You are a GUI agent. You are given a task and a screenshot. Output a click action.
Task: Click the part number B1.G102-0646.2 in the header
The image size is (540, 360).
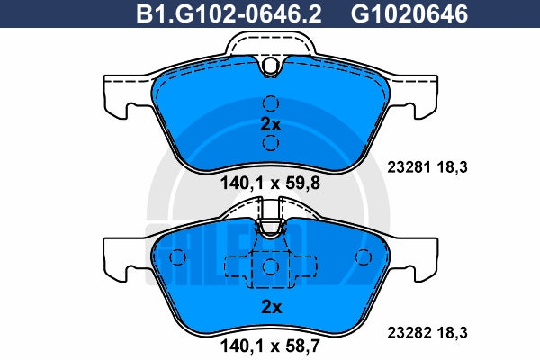(229, 14)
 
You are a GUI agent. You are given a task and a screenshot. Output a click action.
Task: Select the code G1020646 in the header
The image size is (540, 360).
(409, 14)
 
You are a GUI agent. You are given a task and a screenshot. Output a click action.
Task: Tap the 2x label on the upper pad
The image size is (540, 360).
(271, 124)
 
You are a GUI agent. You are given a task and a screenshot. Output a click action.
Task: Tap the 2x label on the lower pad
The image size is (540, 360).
(272, 307)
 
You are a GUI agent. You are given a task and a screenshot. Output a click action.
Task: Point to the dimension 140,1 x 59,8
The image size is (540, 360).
(270, 183)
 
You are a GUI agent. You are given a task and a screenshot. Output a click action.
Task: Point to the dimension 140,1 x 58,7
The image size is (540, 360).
(270, 346)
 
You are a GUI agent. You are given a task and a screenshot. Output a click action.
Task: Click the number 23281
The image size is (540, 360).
(409, 167)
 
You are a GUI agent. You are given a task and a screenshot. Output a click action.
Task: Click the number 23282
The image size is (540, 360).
(409, 333)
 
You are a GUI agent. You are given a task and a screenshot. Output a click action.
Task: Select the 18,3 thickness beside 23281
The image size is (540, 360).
(453, 167)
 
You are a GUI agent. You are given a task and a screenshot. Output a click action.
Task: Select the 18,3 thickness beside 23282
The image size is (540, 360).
(453, 333)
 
